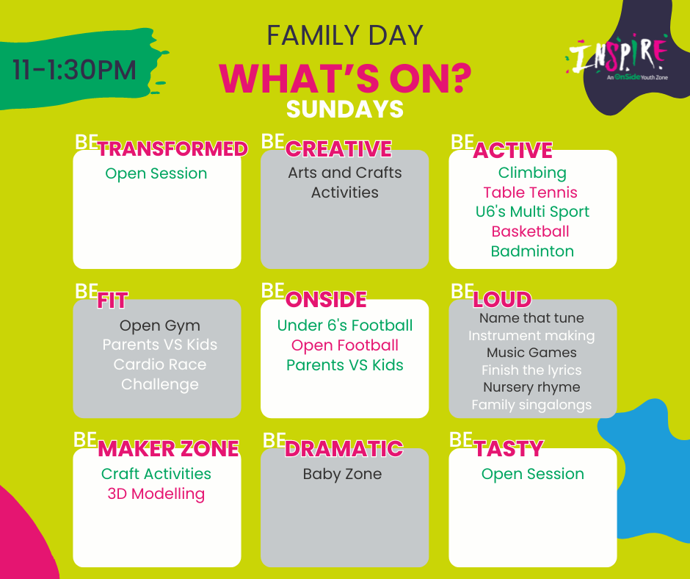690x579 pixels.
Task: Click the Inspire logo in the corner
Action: [x=617, y=59]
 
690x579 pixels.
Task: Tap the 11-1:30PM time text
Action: [x=74, y=70]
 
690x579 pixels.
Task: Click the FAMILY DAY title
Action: [x=345, y=35]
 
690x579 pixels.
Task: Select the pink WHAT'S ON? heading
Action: [x=345, y=79]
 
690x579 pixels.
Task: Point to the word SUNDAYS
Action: [x=345, y=109]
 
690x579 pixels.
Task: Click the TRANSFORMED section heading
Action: [x=172, y=149]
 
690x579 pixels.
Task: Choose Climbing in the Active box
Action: [x=532, y=173]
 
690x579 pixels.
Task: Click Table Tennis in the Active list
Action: [x=530, y=193]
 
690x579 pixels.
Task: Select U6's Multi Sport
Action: [x=532, y=212]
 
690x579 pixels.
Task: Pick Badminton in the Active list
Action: [x=532, y=251]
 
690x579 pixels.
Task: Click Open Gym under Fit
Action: [x=160, y=326]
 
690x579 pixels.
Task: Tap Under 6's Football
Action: [x=345, y=326]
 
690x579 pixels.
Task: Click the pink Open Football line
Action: [x=345, y=345]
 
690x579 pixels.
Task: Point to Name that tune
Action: [x=531, y=317]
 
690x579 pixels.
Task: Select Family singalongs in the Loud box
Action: [x=531, y=405]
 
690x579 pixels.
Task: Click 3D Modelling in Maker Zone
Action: [x=156, y=494]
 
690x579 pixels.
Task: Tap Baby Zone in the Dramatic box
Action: [x=342, y=474]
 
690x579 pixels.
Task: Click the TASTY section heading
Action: [x=509, y=449]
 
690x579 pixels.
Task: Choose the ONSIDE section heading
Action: [x=326, y=300]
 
